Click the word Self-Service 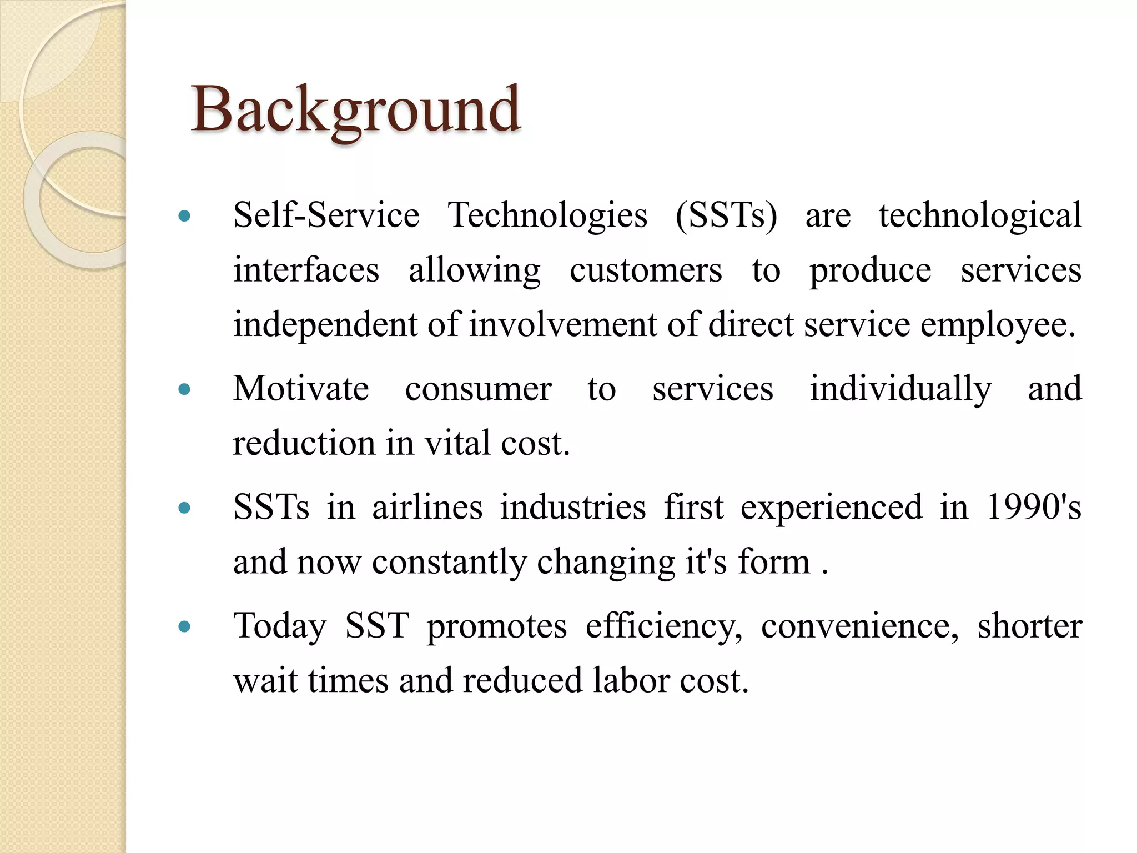click(x=326, y=215)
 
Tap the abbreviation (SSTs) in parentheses click(x=726, y=215)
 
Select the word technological click(x=980, y=215)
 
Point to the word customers click(x=646, y=270)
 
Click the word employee click(x=998, y=325)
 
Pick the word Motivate click(x=301, y=388)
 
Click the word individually click(x=900, y=389)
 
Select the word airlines click(x=427, y=507)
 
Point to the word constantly click(x=449, y=562)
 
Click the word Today click(x=280, y=626)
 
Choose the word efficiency click(x=663, y=626)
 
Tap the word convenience click(x=859, y=626)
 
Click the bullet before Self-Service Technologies click(x=185, y=215)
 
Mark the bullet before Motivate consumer click(x=185, y=389)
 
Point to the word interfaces click(x=306, y=270)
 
